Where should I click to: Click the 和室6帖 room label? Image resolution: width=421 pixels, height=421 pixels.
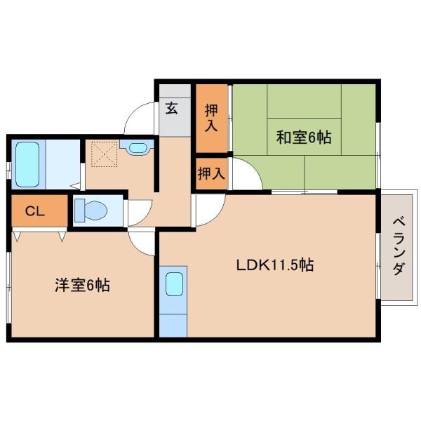point(302,138)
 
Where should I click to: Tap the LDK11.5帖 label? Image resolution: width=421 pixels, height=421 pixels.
point(274,266)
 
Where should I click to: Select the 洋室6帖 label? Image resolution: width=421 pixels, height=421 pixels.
point(82,286)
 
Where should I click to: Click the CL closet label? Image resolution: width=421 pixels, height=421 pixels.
point(35,210)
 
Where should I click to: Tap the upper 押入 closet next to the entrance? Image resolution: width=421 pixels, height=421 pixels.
point(211,117)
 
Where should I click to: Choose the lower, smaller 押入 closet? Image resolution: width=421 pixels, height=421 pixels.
point(210,173)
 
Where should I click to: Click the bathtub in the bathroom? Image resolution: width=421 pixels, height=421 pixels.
point(27,163)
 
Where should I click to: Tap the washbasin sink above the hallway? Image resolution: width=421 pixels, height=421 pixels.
point(137,148)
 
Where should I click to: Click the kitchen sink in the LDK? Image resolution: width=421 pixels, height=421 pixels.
point(174,286)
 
